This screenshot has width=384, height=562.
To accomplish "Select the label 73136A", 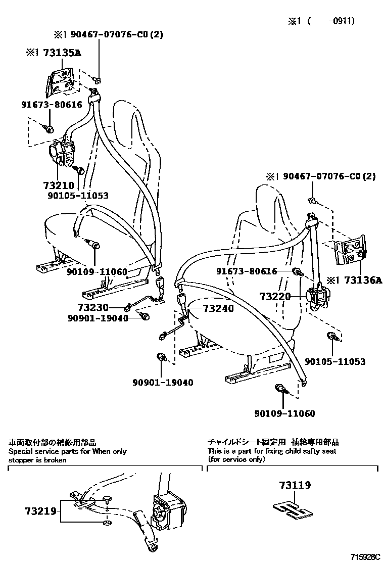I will click(x=359, y=280).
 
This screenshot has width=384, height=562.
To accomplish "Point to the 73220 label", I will click(x=275, y=296).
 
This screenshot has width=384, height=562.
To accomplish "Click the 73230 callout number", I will click(x=92, y=307).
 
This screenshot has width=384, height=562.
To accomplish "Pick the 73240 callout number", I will click(x=218, y=308).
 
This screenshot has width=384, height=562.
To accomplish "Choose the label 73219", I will click(x=40, y=511).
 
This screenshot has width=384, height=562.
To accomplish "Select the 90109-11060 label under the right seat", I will click(x=284, y=414).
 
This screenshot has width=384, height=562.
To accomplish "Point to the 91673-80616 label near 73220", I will click(x=247, y=271).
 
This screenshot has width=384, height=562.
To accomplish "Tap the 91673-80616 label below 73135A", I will click(x=52, y=105).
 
